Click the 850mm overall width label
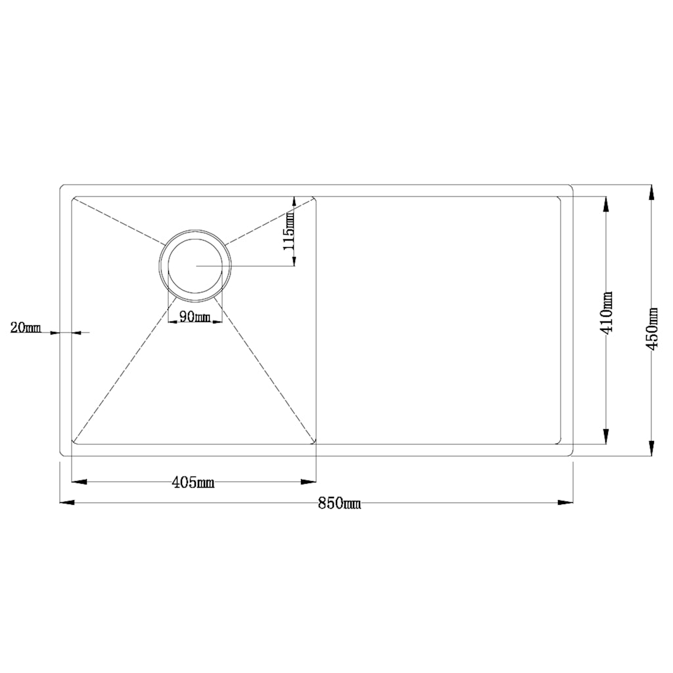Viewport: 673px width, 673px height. tap(339, 504)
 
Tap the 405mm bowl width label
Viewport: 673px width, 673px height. tap(193, 483)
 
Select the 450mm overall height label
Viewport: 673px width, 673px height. tap(652, 328)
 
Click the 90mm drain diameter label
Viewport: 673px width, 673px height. tap(195, 317)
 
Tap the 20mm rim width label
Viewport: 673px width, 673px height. tap(26, 327)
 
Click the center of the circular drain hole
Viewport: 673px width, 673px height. tap(195, 266)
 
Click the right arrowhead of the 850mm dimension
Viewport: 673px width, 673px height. tap(567, 503)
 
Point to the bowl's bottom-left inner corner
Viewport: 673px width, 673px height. tap(73, 443)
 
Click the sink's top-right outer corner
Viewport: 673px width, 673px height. tap(572, 186)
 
